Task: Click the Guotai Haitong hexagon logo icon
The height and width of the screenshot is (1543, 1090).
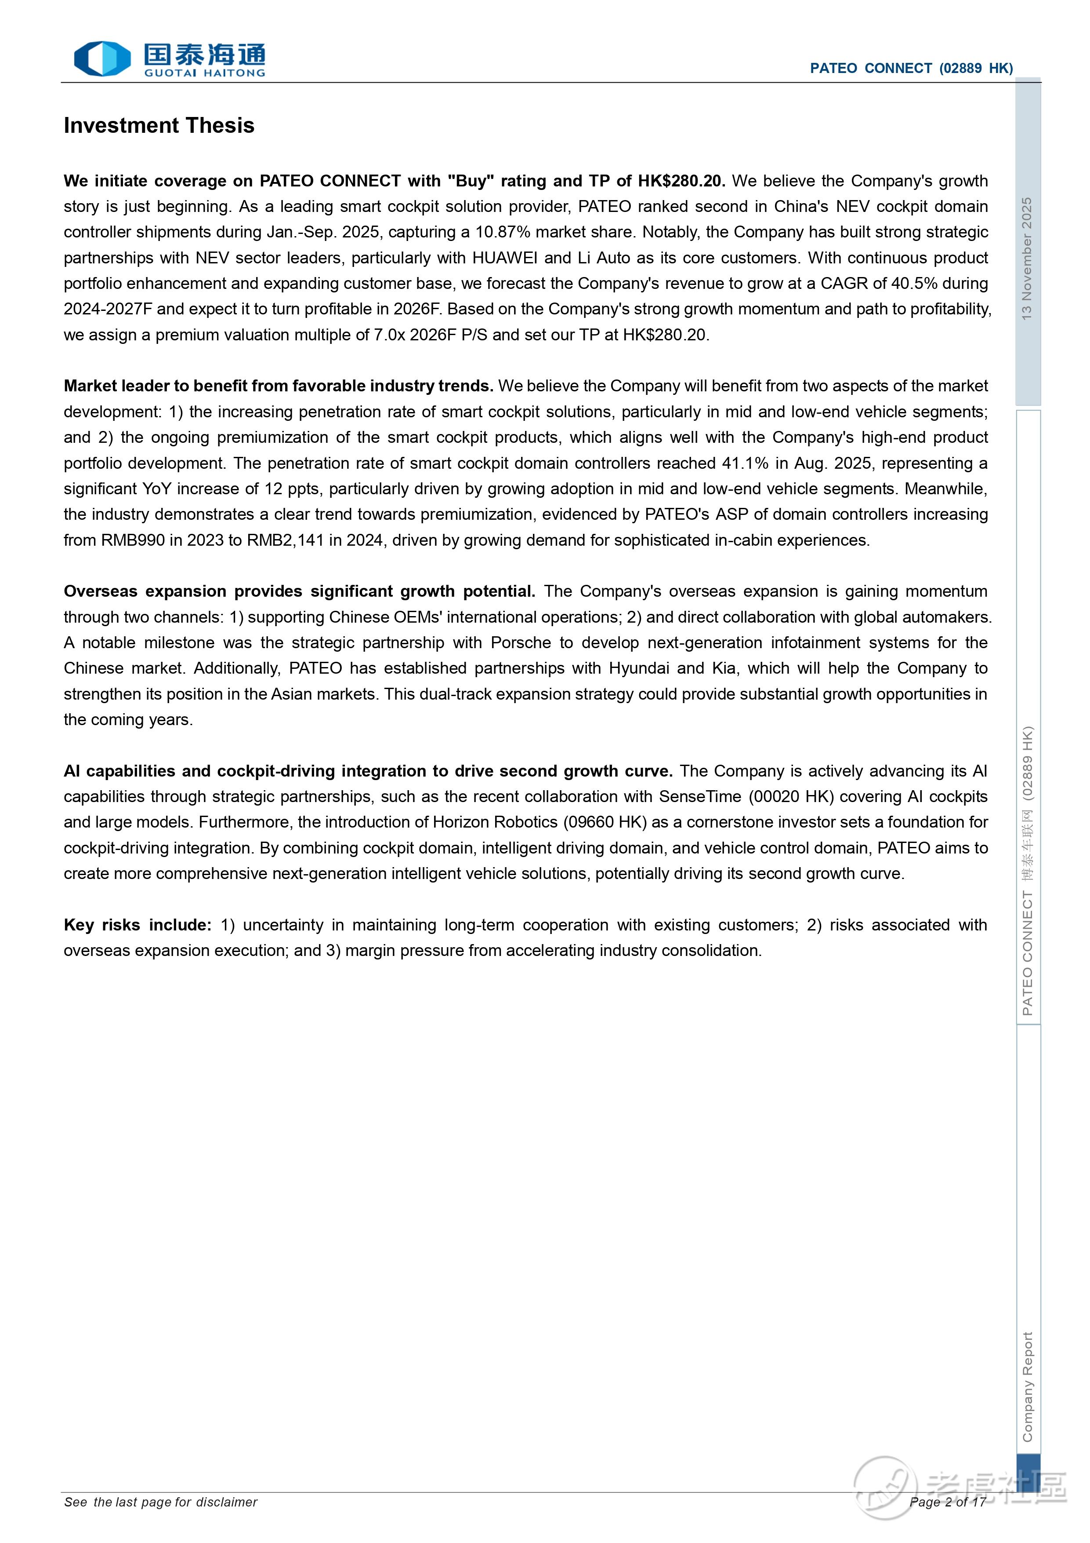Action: coord(102,58)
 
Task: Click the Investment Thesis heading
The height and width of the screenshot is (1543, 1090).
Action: coord(159,126)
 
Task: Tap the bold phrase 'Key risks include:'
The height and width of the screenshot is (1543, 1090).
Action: coord(138,925)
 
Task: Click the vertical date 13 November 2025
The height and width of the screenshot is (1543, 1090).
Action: coord(1026,259)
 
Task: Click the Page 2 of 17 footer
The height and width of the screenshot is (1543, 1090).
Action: coord(947,1502)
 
